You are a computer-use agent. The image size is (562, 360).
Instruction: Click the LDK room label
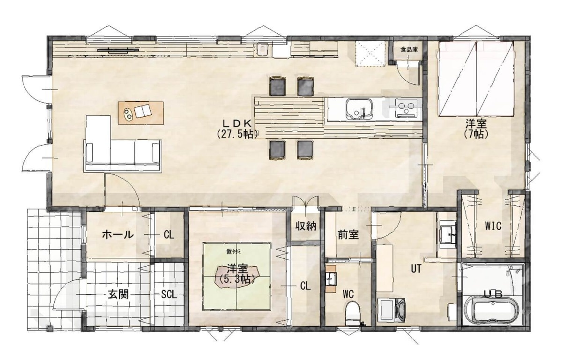[x=237, y=123]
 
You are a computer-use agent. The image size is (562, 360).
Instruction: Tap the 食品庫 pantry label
[x=409, y=50]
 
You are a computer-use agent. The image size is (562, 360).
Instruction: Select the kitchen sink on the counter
[x=359, y=109]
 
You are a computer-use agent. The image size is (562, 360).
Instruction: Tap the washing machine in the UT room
[x=392, y=310]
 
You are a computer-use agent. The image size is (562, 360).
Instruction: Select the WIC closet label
[x=493, y=226]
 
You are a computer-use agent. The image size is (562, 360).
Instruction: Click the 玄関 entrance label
[x=118, y=294]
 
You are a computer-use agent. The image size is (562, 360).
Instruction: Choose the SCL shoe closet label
[x=169, y=294]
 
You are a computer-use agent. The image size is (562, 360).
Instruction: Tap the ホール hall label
[x=118, y=235]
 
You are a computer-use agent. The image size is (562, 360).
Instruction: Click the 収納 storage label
[x=305, y=226]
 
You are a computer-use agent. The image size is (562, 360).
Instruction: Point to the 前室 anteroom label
[x=348, y=235]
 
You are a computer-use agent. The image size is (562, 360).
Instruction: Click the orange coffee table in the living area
[x=141, y=113]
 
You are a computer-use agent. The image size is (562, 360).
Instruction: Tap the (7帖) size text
[x=476, y=135]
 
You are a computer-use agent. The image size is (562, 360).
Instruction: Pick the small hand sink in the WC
[x=331, y=278]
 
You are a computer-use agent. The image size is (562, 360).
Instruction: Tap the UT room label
[x=416, y=269]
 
